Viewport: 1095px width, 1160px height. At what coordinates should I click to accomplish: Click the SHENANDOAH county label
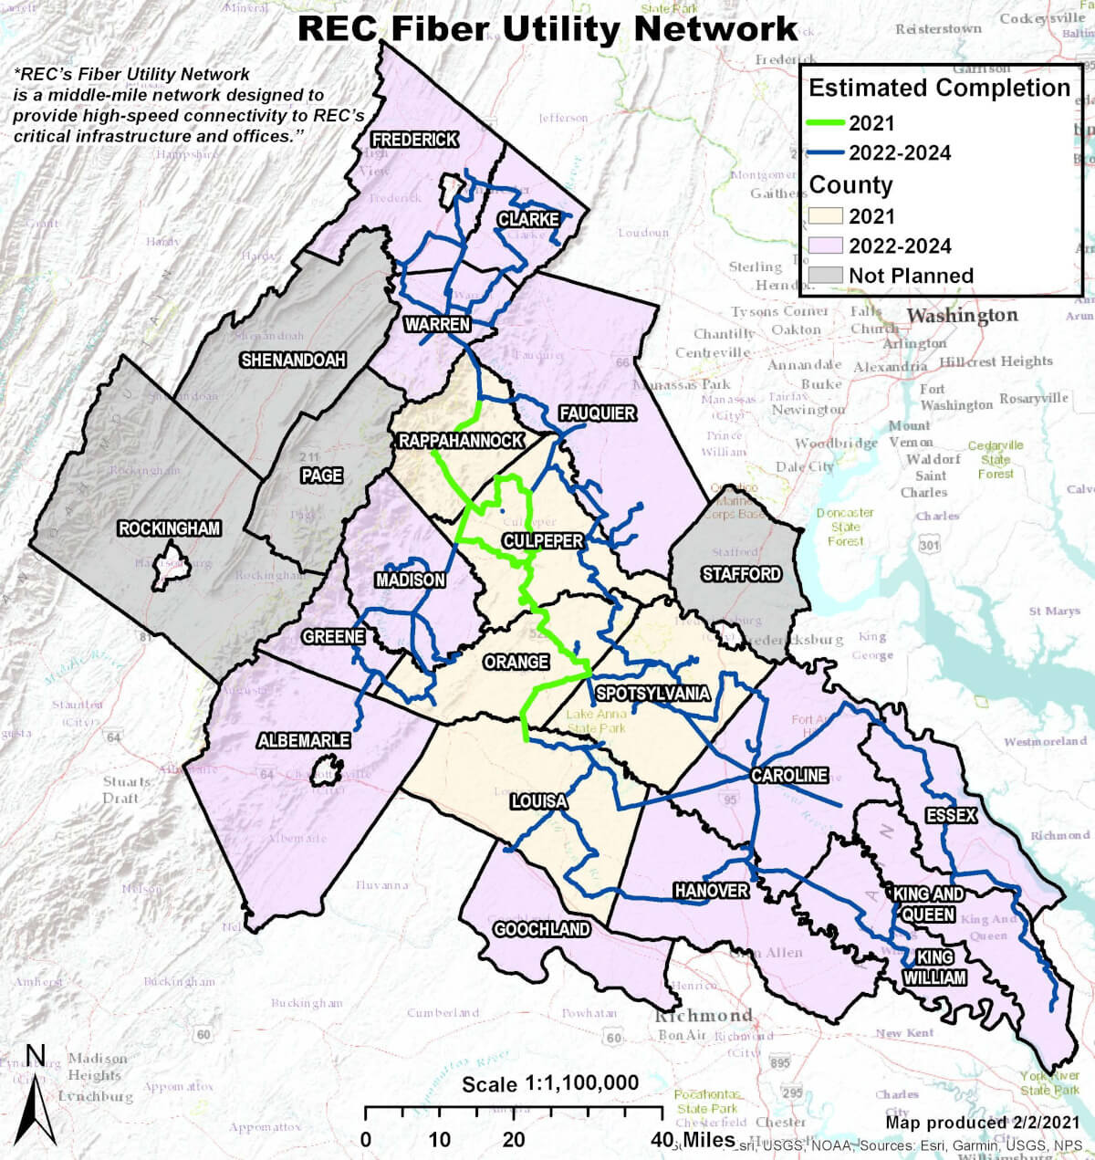[293, 360]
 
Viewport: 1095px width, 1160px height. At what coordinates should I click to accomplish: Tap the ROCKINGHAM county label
[170, 528]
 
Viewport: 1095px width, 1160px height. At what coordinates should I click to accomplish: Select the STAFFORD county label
[741, 573]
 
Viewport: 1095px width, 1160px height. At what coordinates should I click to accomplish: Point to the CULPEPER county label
[542, 540]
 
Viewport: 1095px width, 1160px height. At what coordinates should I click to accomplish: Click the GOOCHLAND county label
[541, 929]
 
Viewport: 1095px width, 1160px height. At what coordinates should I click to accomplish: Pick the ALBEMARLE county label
[303, 740]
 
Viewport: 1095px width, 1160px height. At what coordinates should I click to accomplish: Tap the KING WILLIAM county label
[935, 967]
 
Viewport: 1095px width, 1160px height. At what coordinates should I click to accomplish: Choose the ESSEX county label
[951, 814]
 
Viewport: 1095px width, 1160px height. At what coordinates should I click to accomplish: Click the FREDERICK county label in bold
[414, 140]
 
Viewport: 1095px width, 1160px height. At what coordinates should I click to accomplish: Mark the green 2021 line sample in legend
[826, 122]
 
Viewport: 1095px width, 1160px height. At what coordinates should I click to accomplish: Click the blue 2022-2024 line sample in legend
[826, 152]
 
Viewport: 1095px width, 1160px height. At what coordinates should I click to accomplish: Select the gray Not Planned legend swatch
[825, 275]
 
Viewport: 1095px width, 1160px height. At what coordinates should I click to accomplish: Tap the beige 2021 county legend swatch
[825, 216]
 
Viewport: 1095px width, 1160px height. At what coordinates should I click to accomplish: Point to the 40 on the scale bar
[663, 1139]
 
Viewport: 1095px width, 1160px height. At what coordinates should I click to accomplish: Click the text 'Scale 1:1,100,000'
[550, 1083]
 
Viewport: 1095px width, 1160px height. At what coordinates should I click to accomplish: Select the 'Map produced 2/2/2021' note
[982, 1121]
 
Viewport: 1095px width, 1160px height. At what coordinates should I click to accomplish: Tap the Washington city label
[962, 316]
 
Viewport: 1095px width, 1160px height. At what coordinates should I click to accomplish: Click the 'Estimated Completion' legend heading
[939, 88]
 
